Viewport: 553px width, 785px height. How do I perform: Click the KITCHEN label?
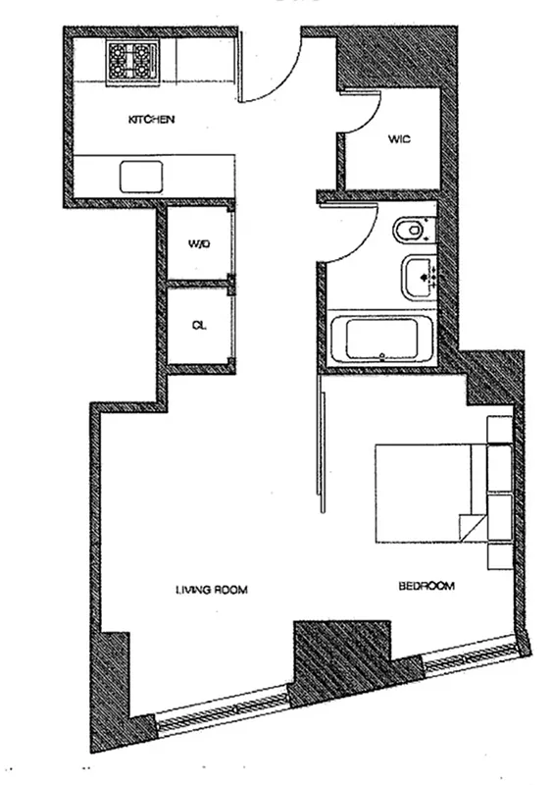[152, 120]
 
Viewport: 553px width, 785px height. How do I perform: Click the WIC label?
[397, 139]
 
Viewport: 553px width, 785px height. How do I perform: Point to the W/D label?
[198, 244]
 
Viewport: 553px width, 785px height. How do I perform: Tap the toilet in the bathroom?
[412, 231]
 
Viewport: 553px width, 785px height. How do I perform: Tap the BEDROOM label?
[427, 586]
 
